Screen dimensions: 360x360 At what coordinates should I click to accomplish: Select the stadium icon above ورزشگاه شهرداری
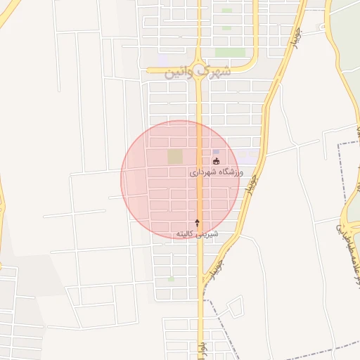click(x=215, y=161)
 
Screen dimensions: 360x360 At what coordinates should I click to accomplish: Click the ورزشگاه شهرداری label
click(x=216, y=172)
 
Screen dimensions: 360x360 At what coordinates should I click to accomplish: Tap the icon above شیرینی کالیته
click(x=197, y=222)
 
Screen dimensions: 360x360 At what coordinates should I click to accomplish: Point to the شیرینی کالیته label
click(x=197, y=233)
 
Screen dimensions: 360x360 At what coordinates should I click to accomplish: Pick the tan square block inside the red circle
click(x=174, y=157)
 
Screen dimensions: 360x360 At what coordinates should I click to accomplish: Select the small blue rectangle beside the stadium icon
click(x=216, y=152)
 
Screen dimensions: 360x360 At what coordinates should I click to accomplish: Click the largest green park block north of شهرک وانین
click(x=230, y=52)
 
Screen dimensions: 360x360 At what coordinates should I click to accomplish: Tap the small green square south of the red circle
click(x=171, y=279)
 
